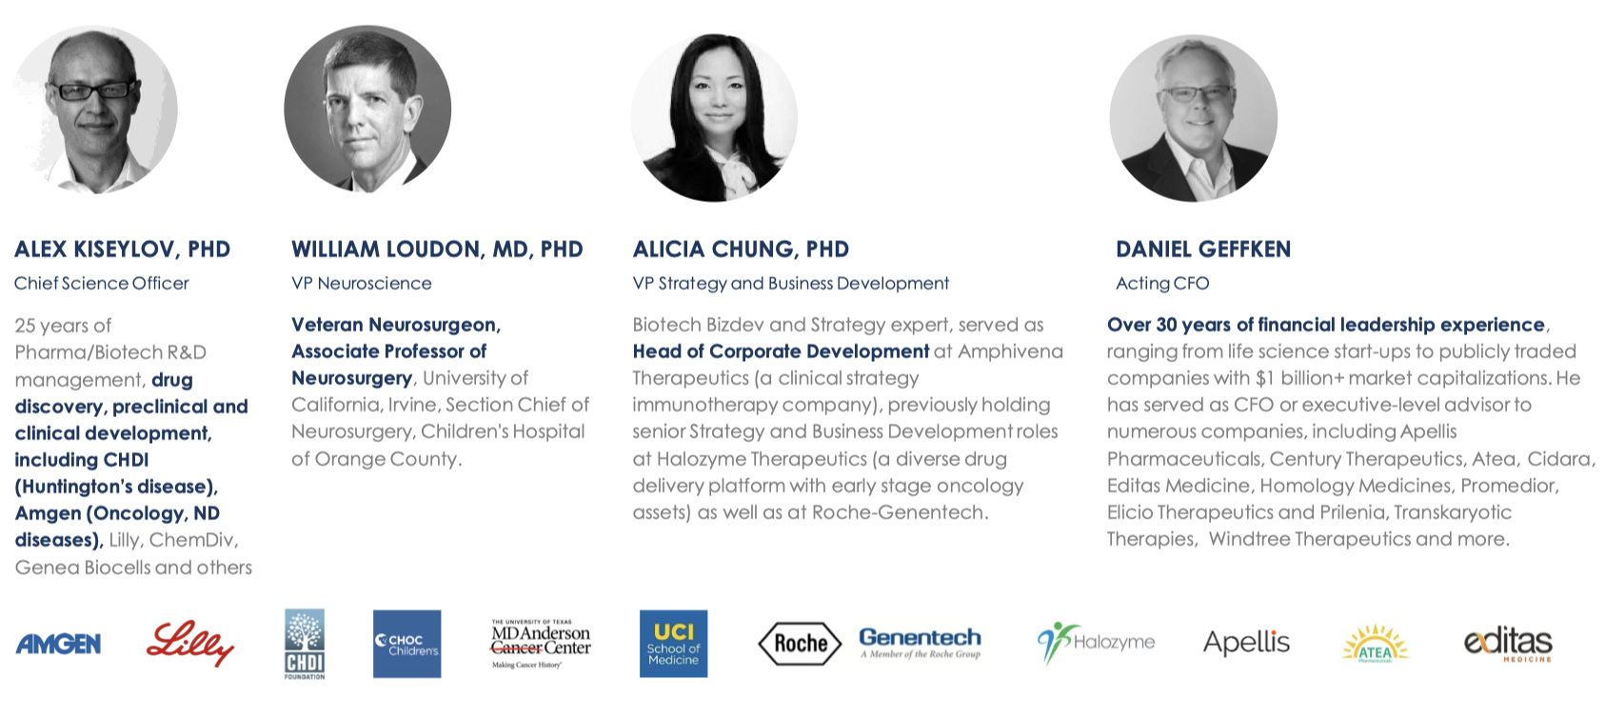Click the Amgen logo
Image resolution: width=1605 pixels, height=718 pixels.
point(58,644)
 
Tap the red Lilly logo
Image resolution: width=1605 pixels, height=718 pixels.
point(189,644)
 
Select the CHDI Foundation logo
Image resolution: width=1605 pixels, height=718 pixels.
point(305,644)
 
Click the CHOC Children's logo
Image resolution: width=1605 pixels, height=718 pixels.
point(407,644)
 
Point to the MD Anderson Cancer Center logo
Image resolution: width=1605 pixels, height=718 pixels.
point(541,644)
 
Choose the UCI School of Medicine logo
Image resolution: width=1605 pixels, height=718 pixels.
point(674,644)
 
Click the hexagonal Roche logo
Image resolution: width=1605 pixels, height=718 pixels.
point(800,644)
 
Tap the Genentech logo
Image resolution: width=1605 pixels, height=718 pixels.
point(920,642)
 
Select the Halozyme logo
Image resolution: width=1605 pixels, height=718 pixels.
point(1096,643)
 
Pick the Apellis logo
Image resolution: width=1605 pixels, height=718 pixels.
point(1246,642)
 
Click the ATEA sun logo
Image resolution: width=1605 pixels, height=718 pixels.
point(1375,644)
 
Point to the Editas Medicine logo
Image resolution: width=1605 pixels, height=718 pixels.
point(1508,644)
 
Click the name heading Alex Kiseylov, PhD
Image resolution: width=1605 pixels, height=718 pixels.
point(123,249)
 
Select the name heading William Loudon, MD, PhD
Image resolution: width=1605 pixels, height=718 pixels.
point(437,249)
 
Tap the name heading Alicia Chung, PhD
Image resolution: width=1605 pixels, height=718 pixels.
point(741,249)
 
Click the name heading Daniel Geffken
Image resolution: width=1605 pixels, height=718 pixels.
point(1203,249)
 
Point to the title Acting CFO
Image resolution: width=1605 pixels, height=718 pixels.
point(1162,284)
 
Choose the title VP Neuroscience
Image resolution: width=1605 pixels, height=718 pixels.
point(361,284)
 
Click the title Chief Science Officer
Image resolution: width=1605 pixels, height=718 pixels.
point(102,284)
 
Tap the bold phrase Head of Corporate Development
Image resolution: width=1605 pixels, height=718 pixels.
point(781,351)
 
